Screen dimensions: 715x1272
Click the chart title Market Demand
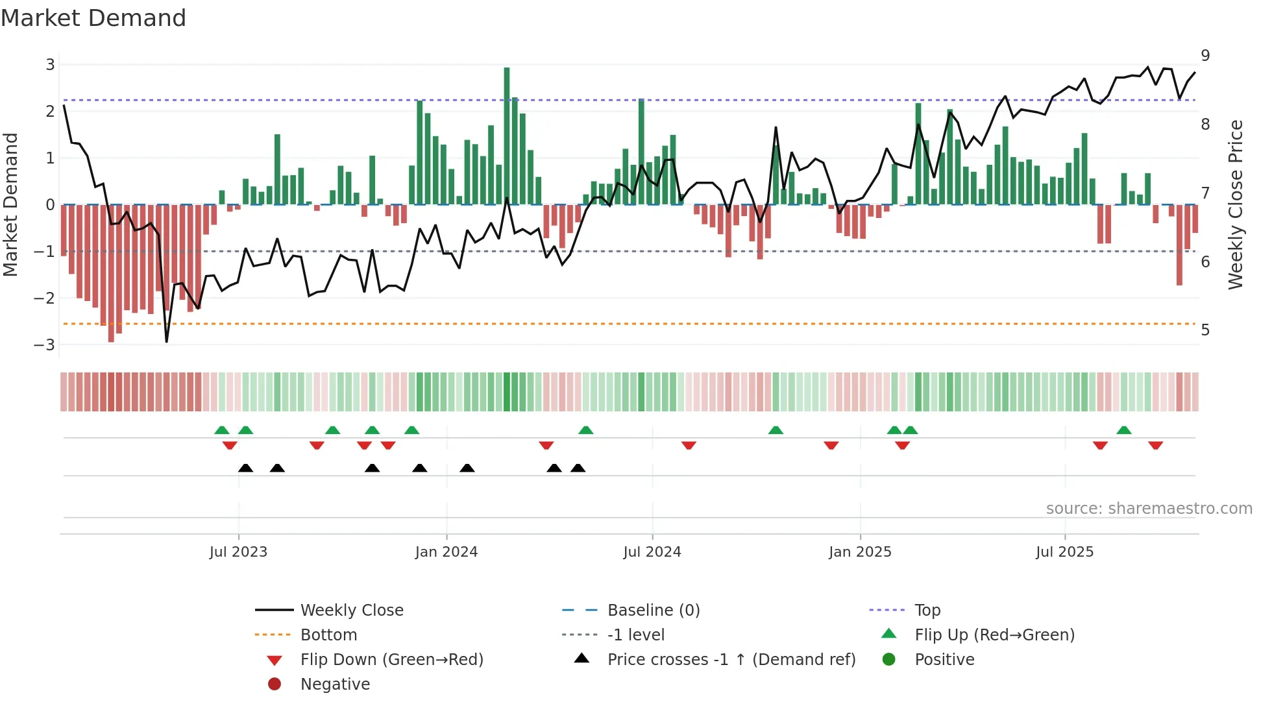coord(93,18)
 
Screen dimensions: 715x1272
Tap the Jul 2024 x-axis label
coord(652,552)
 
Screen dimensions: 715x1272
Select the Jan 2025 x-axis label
coord(860,552)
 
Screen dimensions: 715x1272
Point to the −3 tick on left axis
coord(45,345)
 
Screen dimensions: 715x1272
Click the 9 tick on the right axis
coord(1205,56)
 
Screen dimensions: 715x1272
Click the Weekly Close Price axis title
coord(1236,204)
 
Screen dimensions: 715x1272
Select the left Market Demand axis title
coord(10,204)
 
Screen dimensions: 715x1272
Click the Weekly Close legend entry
coord(351,611)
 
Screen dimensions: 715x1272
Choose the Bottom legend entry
coord(328,635)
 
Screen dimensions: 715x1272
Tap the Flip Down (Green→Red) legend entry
coord(391,660)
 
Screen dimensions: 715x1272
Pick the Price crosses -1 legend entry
coord(731,660)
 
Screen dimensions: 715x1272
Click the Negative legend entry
coord(335,685)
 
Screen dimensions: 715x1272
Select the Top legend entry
coord(927,611)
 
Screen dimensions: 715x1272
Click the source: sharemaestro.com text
coord(1149,509)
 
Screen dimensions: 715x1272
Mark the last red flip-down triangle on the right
coord(1155,445)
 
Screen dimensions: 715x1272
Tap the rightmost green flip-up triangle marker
coord(1124,430)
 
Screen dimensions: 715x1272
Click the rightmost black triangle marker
coord(578,468)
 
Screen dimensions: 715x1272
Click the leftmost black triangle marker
coord(245,468)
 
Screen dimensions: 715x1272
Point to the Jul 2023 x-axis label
coord(238,552)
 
